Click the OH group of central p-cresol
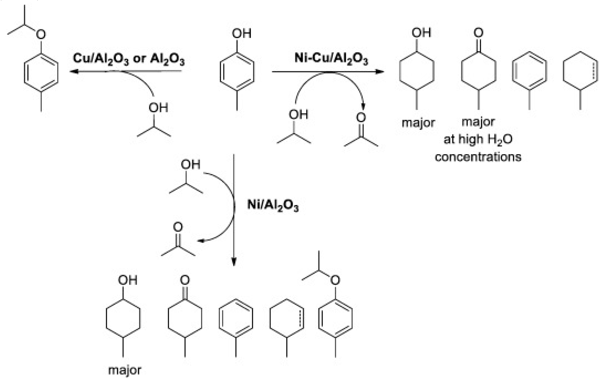pos(241,33)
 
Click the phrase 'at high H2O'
pos(478,139)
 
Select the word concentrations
pos(478,157)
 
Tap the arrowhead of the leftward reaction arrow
pos(73,72)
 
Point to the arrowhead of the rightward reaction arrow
pos(380,72)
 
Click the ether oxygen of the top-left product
pos(41,34)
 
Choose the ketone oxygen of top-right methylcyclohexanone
pos(478,33)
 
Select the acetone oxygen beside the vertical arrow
pos(178,227)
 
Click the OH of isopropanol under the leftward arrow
pos(158,108)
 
